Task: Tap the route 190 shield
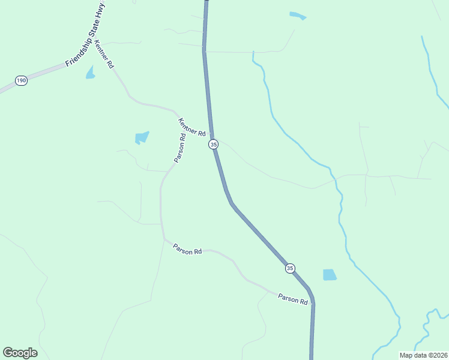click(21, 80)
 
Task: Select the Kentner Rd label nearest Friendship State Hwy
click(104, 55)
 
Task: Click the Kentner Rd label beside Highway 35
click(192, 127)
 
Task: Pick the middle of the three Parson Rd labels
click(187, 249)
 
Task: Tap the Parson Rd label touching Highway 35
click(293, 298)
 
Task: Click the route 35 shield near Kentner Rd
click(213, 145)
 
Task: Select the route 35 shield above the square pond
click(291, 268)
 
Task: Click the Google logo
click(20, 353)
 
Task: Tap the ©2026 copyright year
click(437, 355)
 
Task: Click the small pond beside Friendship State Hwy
click(90, 73)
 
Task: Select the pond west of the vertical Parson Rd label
click(142, 137)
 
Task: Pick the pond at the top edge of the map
click(297, 16)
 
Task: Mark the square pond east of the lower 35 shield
click(330, 275)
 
